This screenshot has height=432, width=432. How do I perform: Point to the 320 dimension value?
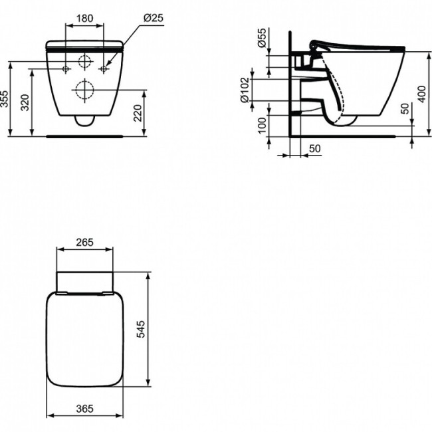click(26, 103)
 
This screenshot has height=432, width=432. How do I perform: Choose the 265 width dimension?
click(84, 242)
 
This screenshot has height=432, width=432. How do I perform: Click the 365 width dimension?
click(84, 408)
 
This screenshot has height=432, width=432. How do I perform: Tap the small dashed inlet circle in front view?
click(85, 63)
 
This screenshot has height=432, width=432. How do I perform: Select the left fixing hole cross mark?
click(66, 69)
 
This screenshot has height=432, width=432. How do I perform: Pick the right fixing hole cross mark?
click(104, 69)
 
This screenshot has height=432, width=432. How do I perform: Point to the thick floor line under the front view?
click(85, 135)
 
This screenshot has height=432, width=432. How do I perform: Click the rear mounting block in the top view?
click(84, 281)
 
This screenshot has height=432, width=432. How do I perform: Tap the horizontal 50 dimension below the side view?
click(315, 148)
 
